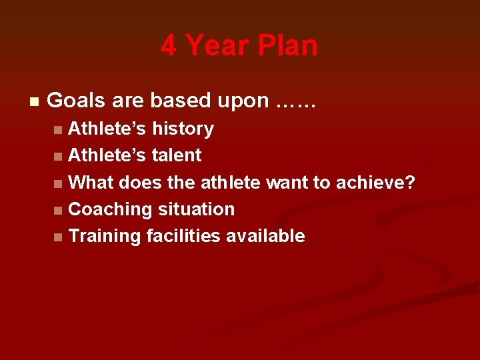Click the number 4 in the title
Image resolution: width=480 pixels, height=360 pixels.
click(x=169, y=46)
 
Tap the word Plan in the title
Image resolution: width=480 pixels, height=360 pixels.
click(x=289, y=46)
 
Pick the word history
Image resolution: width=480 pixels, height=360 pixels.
click(x=183, y=129)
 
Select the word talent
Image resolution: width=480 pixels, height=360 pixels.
click(x=177, y=155)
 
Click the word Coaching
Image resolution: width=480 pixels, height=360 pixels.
click(x=111, y=209)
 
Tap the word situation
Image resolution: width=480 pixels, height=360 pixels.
click(x=196, y=209)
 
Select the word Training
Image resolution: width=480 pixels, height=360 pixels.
click(x=105, y=236)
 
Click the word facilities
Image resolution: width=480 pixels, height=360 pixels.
click(x=183, y=236)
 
